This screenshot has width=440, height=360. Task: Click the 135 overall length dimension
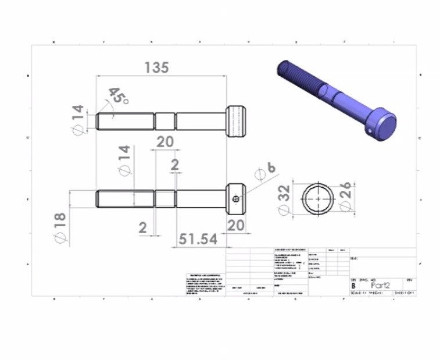156,67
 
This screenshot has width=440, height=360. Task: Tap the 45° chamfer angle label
118,97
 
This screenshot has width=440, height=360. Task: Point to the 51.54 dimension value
198,239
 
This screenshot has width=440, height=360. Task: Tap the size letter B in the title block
353,286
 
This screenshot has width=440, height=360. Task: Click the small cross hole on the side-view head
235,198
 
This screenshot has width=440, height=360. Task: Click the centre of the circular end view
317,198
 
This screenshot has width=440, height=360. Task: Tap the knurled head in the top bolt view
236,121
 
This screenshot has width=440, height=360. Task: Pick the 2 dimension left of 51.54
143,227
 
